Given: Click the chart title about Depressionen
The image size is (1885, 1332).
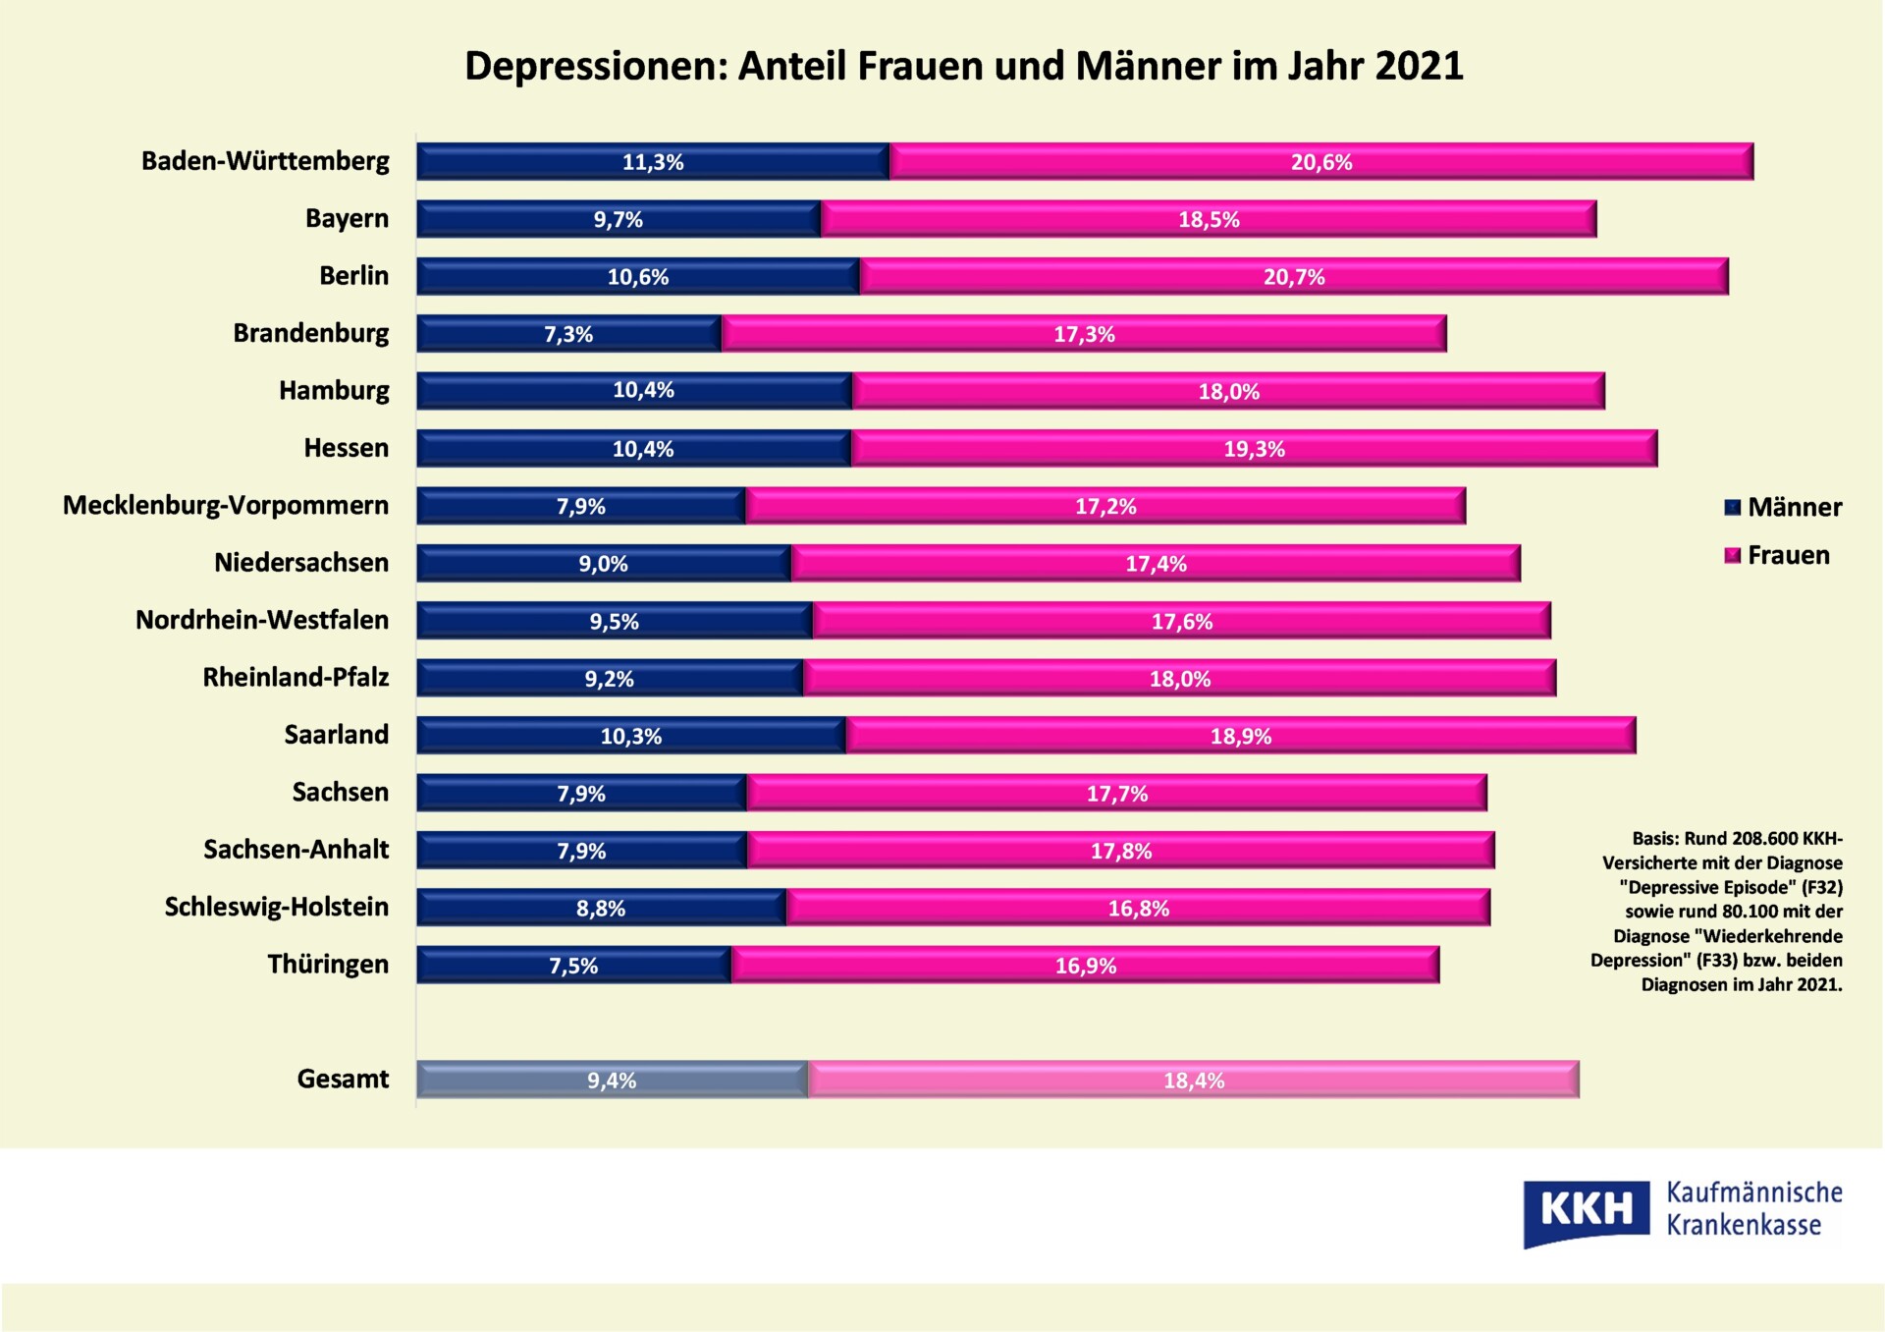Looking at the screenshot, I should click(x=963, y=66).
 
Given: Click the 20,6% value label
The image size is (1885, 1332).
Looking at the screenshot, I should click(x=1320, y=162).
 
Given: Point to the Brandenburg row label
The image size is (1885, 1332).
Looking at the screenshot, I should click(x=310, y=333).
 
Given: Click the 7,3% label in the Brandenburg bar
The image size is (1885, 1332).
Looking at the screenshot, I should click(x=568, y=334).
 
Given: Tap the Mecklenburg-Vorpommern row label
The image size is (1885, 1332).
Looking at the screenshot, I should click(x=226, y=505).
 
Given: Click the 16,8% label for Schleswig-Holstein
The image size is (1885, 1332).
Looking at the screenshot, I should click(x=1138, y=909).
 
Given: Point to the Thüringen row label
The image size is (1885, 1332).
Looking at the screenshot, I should click(x=328, y=964).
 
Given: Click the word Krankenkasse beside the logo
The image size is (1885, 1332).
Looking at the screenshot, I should click(x=1744, y=1225).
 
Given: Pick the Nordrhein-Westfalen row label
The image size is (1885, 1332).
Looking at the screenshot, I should click(x=261, y=620).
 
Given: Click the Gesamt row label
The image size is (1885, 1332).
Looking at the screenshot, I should click(x=343, y=1079).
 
